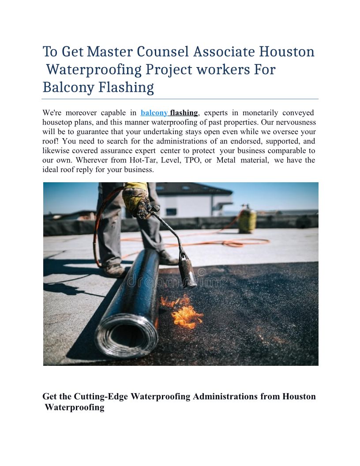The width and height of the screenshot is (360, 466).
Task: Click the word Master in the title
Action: [x=109, y=52]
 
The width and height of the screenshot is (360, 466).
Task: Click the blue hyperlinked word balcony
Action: [x=154, y=113]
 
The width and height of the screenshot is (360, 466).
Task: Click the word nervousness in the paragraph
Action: [x=293, y=122]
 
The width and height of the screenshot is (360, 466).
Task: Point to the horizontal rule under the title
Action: [x=180, y=99]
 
